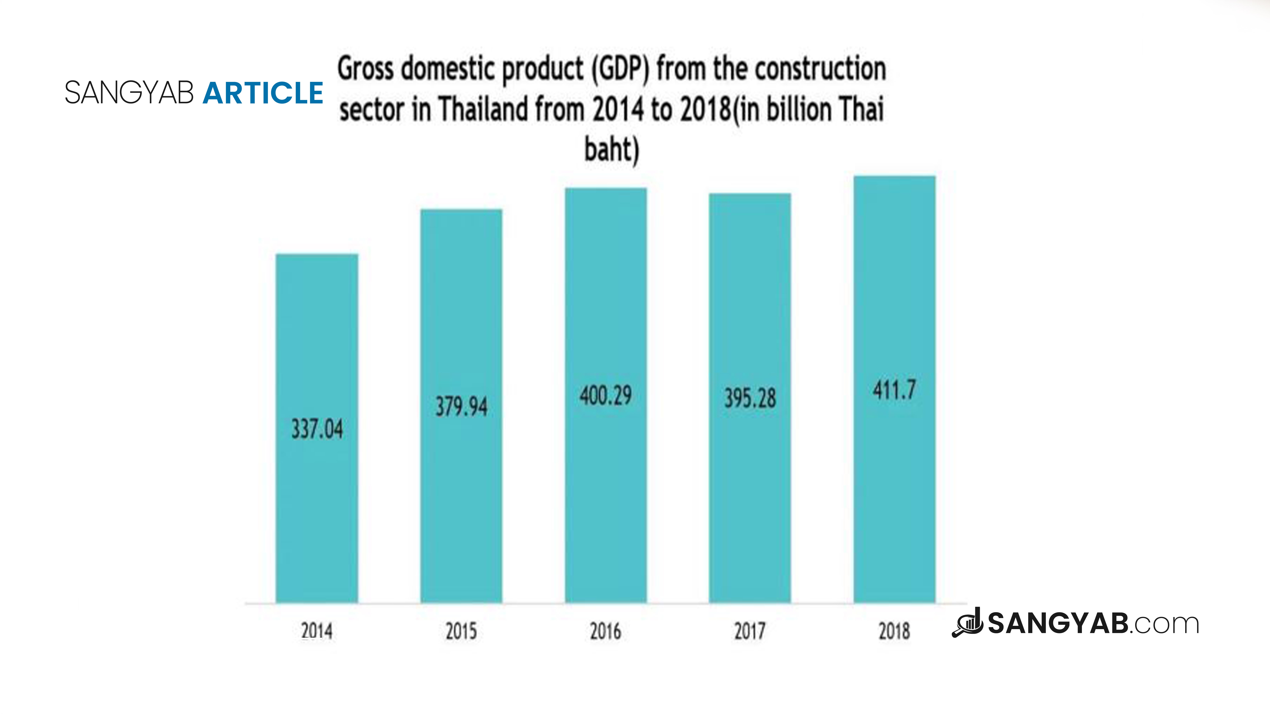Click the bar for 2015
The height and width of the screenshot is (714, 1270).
461,406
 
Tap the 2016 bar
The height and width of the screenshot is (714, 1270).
606,395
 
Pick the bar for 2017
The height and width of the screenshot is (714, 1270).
750,398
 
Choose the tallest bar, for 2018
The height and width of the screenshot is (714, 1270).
894,389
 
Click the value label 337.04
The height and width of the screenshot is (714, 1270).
317,429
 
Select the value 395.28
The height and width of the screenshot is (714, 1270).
750,398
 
